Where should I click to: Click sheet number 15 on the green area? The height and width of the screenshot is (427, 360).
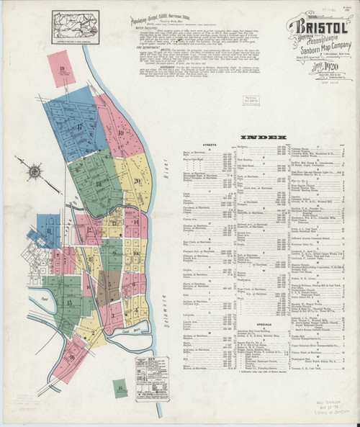tap(69, 303)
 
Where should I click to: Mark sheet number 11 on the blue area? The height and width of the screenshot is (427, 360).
tap(50, 231)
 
